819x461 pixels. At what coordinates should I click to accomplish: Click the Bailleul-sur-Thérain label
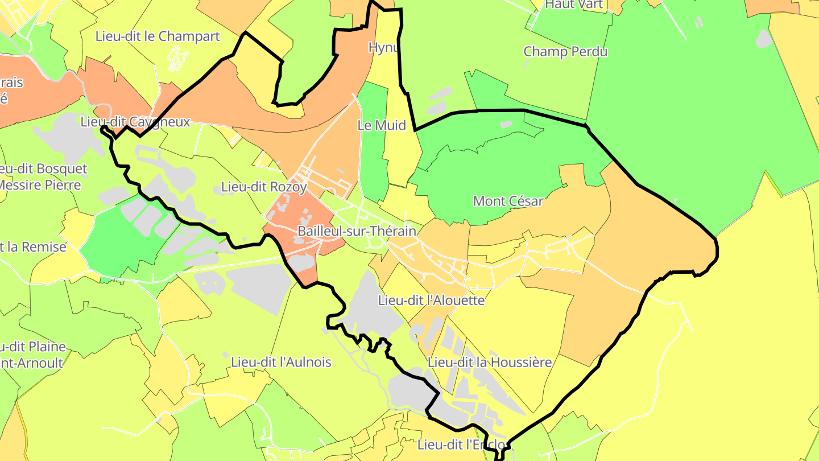click(357, 232)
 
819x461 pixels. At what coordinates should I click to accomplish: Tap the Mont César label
click(508, 201)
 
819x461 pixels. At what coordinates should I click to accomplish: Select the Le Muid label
click(382, 125)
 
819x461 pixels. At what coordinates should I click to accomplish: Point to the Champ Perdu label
click(565, 52)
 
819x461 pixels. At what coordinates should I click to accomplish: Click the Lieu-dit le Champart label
click(158, 36)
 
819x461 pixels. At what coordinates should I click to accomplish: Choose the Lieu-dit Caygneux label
click(135, 122)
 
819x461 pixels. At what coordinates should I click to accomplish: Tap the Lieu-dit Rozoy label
click(264, 187)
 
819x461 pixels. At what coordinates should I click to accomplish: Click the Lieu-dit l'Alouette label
click(432, 300)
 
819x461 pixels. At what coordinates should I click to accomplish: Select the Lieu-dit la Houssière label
click(490, 362)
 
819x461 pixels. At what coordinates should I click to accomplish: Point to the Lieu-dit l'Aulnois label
click(281, 362)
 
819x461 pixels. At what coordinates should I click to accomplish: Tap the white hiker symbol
click(177, 59)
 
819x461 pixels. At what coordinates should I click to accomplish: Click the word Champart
click(189, 36)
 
